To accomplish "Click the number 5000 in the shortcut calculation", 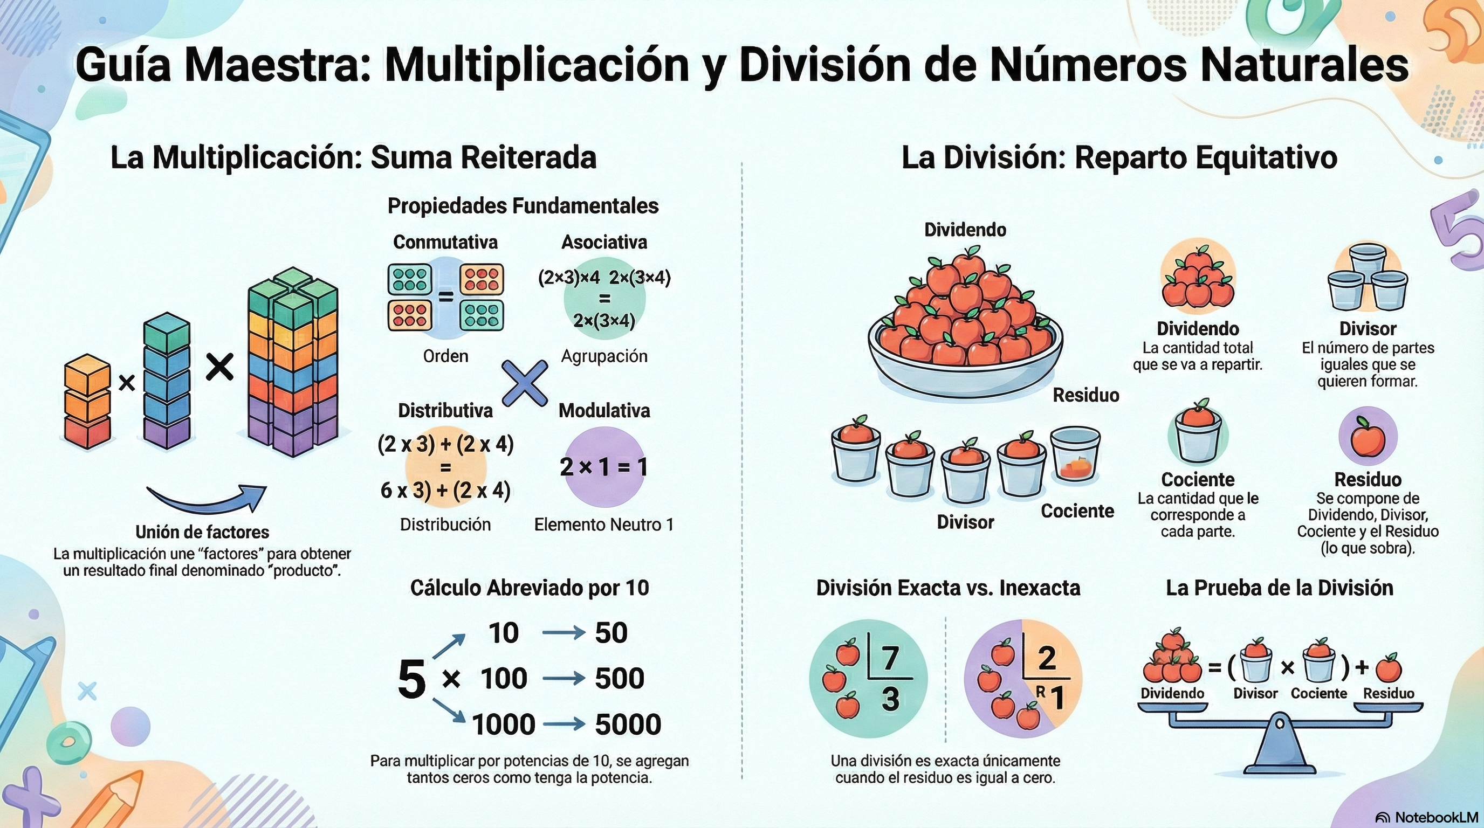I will (627, 724).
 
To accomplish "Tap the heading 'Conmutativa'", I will (445, 242).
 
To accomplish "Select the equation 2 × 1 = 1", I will (603, 466).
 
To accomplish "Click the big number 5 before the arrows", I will (411, 679).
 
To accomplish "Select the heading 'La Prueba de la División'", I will (1280, 588).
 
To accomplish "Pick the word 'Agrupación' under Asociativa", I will (604, 356).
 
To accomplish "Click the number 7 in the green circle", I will (891, 658).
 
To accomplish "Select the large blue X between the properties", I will (525, 383).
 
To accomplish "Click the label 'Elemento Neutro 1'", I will (604, 525).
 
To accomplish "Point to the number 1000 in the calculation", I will (504, 724).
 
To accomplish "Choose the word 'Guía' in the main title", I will (123, 65).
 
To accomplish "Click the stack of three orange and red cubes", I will (87, 402).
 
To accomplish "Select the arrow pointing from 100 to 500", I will (564, 679).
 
